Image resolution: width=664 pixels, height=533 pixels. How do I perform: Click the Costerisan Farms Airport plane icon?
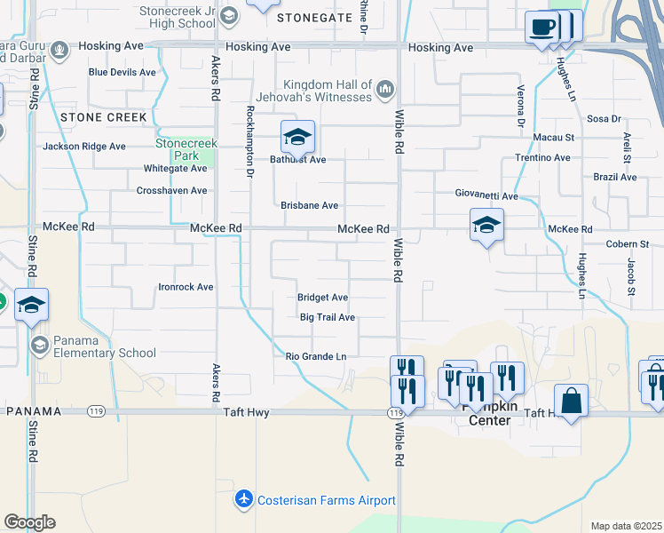[244, 500]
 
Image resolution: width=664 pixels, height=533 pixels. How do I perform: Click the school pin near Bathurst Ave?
[297, 137]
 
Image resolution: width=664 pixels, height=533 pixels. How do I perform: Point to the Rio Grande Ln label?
[315, 356]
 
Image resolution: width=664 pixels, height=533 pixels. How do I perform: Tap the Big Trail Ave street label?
[327, 317]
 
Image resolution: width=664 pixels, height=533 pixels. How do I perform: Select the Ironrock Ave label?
[186, 287]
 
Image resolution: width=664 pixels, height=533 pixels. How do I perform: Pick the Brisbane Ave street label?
[309, 205]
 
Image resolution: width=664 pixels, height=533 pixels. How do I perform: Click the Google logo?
[29, 522]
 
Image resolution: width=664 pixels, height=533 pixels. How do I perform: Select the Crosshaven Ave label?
[171, 190]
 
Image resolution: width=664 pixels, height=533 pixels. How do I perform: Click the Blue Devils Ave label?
[122, 72]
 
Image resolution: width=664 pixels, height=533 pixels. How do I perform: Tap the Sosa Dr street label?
[604, 118]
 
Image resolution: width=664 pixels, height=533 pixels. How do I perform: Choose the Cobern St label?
[627, 243]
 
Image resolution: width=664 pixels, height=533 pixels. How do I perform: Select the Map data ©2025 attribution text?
[626, 526]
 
